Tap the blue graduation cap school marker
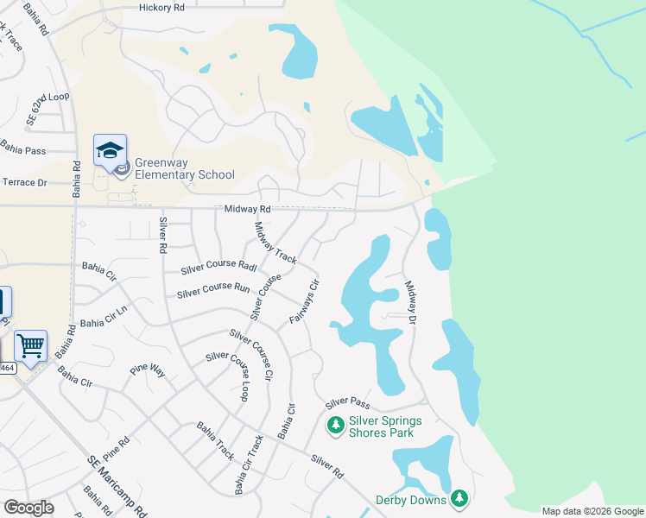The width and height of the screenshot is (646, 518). click(110, 151)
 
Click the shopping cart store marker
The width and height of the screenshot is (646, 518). click(31, 346)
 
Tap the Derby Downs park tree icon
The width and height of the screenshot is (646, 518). click(459, 499)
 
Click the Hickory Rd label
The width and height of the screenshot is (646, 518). click(161, 7)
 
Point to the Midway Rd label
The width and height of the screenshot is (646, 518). click(247, 209)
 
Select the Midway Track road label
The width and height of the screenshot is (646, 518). click(275, 243)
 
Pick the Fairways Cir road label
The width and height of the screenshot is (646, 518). click(305, 301)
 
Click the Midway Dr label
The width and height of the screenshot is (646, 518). click(410, 302)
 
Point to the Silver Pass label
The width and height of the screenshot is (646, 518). click(347, 403)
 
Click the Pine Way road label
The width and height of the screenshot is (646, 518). click(147, 370)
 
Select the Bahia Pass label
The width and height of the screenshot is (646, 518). click(23, 148)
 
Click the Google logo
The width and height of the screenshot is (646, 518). click(28, 507)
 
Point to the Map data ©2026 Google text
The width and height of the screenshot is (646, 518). click(592, 511)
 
